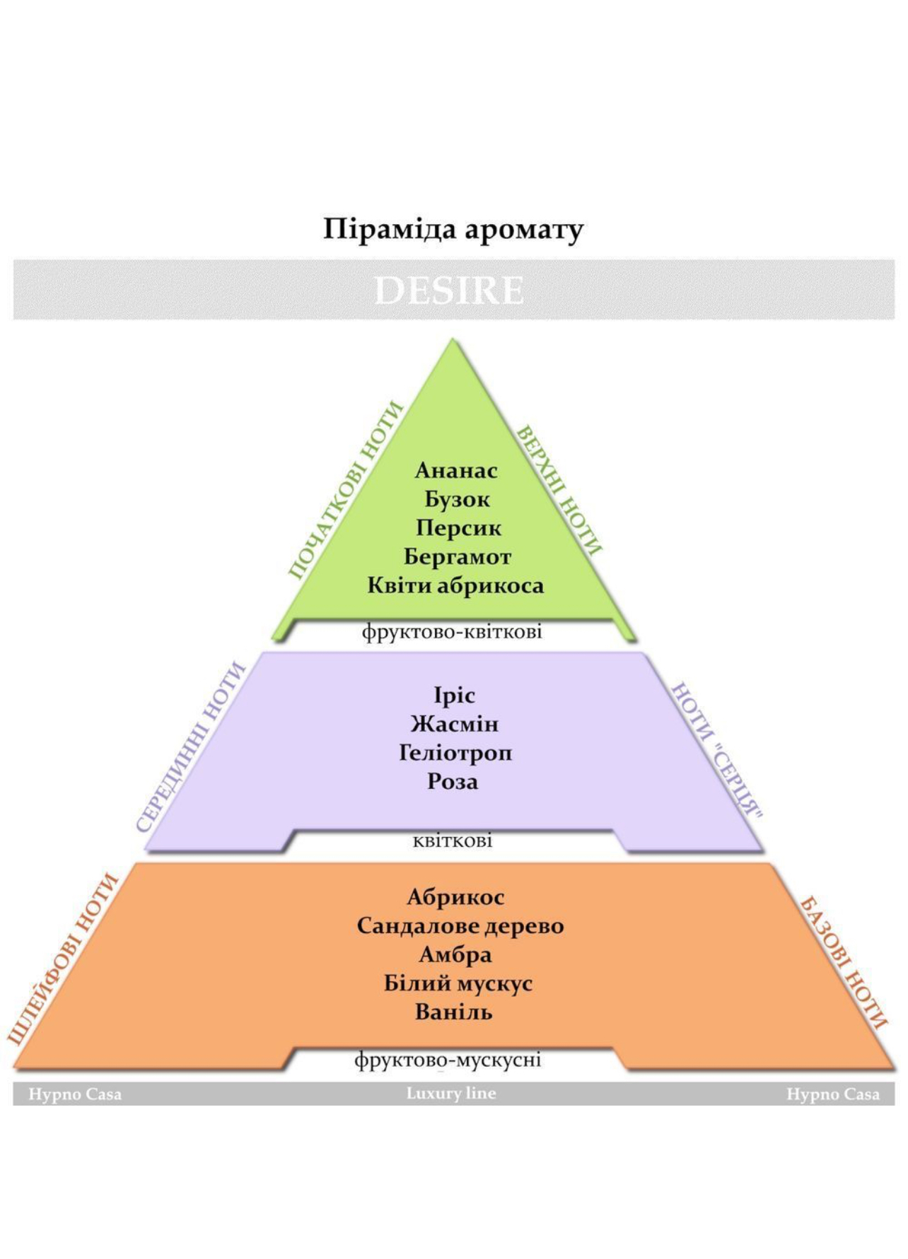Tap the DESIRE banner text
(449, 291)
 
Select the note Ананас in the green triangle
(456, 470)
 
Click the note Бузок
(457, 500)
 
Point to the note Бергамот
(458, 558)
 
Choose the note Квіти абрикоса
(455, 586)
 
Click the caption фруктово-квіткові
(452, 631)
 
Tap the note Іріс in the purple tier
(454, 696)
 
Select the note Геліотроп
(455, 753)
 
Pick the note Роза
(453, 782)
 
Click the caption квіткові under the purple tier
(453, 841)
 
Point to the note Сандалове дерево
(460, 926)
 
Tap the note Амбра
(455, 955)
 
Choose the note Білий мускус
(458, 984)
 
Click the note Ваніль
(454, 1012)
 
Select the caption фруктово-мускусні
(448, 1060)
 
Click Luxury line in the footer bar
(451, 1094)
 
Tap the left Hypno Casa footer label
(75, 1095)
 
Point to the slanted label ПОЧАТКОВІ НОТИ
(347, 490)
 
